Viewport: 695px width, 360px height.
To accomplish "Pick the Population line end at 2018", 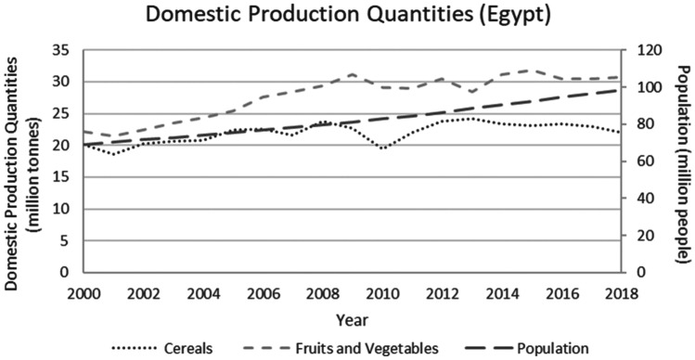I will point(619,90).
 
